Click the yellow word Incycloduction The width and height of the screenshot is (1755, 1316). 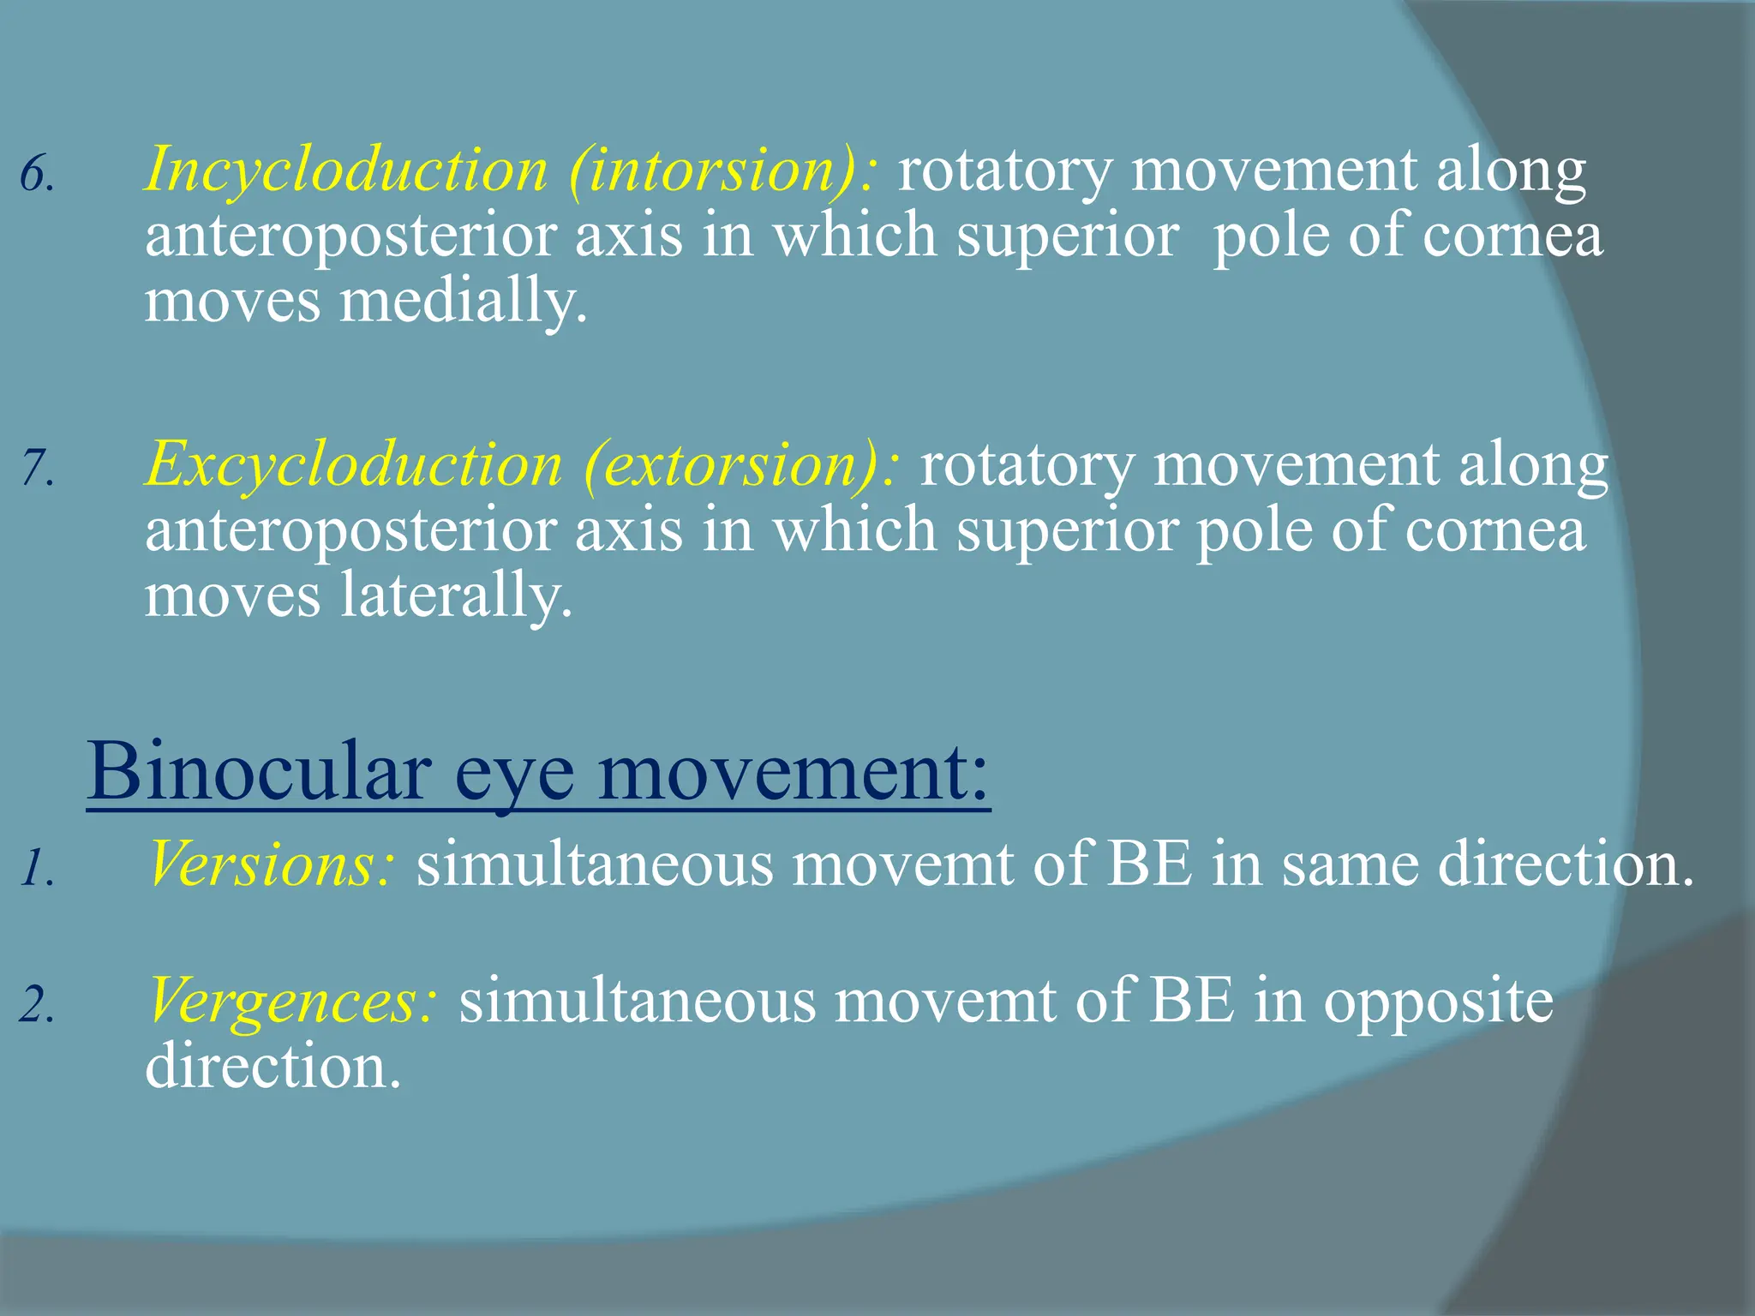346,170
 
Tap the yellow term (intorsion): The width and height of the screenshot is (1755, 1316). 722,170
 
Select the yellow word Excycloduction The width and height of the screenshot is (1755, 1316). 353,465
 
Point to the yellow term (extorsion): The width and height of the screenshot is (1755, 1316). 742,465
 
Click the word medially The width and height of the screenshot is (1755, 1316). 464,302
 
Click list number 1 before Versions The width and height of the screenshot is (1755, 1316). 36,869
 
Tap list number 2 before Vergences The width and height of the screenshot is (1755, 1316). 36,1006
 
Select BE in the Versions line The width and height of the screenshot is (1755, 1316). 1149,864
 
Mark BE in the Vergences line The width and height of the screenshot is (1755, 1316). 1192,1001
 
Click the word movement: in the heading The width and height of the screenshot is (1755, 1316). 793,771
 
